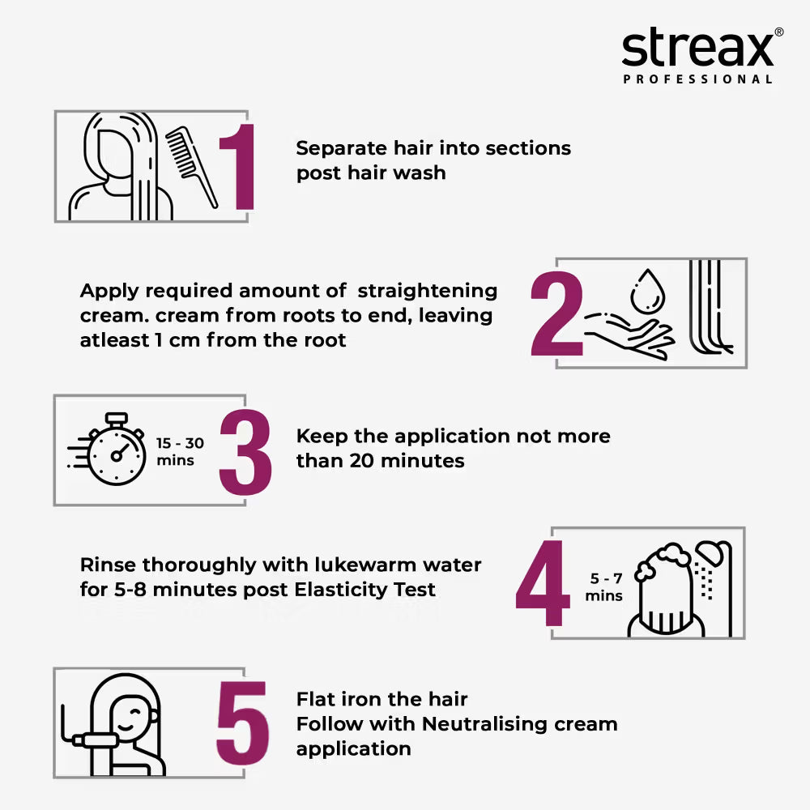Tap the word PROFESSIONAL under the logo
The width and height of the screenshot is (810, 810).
click(x=697, y=79)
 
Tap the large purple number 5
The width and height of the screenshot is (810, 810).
click(x=242, y=724)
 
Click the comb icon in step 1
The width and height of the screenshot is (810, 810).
click(x=191, y=165)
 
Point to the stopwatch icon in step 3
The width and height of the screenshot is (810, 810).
click(x=115, y=452)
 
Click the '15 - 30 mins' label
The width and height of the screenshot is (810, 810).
click(x=180, y=452)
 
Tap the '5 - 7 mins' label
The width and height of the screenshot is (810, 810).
click(x=604, y=587)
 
